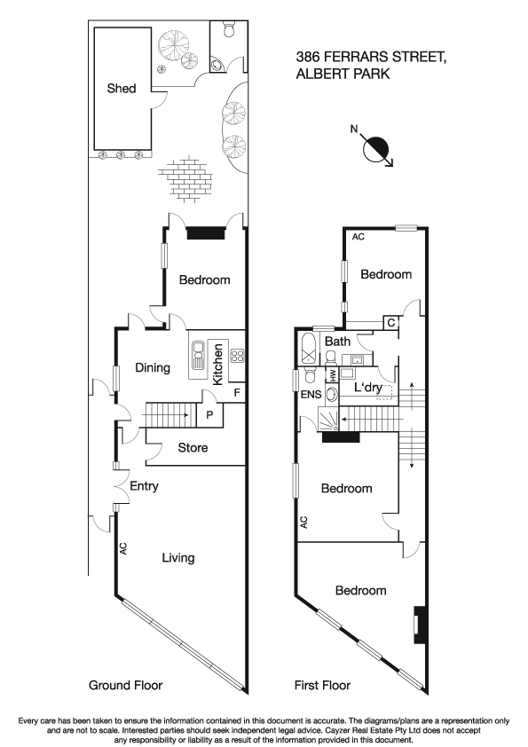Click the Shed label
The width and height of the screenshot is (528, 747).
point(122,89)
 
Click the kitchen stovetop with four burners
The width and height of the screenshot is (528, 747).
point(238,356)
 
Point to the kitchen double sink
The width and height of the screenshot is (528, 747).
point(197,357)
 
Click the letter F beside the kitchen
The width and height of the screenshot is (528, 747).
point(237,391)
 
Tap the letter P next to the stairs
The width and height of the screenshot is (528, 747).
point(210,413)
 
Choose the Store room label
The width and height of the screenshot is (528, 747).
point(193,448)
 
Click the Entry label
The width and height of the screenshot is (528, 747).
point(144,487)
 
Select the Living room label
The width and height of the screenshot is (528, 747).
point(177,558)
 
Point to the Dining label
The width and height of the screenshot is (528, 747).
point(153,367)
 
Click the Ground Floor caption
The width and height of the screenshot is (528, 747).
point(125,685)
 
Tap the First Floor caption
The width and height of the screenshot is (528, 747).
point(322,685)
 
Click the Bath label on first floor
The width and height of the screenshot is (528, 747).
point(337,342)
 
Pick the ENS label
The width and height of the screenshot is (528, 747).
point(310,395)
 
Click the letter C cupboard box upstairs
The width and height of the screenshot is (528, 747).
point(390,322)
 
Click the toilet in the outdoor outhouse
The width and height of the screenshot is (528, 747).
point(229,32)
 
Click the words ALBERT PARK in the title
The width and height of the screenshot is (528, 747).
point(343,75)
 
